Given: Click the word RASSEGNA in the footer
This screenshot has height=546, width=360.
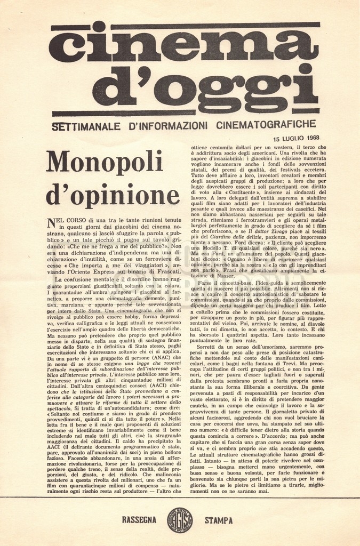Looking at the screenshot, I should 139,519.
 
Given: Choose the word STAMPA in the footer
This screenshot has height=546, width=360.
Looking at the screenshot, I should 219,519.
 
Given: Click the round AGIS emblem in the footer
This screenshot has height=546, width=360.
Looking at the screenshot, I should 180,519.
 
